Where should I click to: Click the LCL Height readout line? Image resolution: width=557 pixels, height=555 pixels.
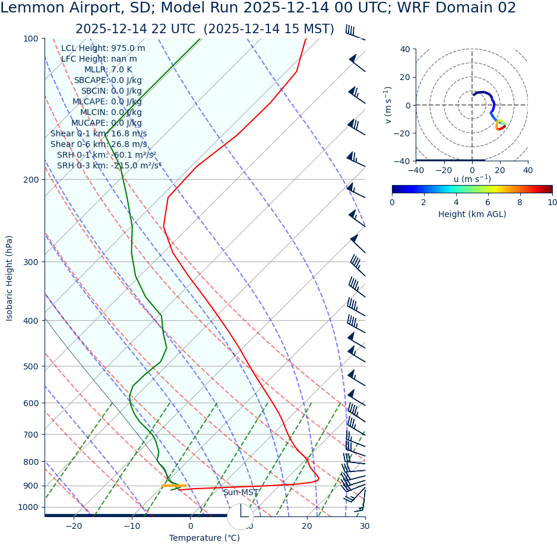[x=103, y=49]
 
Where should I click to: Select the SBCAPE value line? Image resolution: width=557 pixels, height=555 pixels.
[x=107, y=81]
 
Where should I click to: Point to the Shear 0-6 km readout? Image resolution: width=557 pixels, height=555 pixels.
[x=99, y=145]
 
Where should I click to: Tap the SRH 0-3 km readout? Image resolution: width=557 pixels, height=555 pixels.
[x=109, y=166]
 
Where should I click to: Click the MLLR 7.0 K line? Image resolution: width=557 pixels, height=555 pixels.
[x=108, y=70]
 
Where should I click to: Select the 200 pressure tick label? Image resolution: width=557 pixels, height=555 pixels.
[x=30, y=180]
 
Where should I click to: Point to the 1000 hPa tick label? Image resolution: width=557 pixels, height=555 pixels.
[x=28, y=508]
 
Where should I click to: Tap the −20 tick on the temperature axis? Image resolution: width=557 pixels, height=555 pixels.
[x=74, y=526]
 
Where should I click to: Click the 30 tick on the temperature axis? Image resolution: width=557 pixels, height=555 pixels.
[x=365, y=526]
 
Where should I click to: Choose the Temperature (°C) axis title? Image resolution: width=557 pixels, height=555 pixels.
[x=204, y=538]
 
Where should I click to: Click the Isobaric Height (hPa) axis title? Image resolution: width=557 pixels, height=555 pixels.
[x=10, y=278]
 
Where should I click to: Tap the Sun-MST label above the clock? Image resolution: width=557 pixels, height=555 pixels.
[x=240, y=493]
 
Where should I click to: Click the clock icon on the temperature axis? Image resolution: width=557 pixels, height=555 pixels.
[x=240, y=516]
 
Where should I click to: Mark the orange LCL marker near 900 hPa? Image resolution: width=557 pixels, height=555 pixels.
[x=173, y=486]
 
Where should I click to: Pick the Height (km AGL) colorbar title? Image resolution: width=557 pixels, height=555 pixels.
[x=472, y=215]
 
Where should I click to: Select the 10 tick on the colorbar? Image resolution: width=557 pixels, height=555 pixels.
[x=552, y=203]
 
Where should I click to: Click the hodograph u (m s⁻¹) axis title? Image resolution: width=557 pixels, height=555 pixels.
[x=472, y=179]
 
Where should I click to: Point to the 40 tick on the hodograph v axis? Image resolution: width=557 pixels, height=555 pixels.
[x=404, y=49]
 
